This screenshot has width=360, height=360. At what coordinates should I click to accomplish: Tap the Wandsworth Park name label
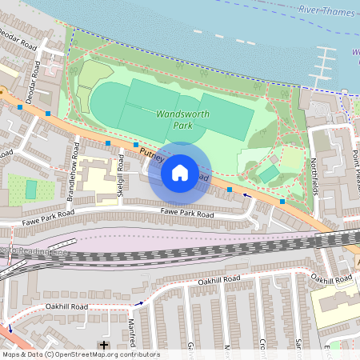tap(182, 119)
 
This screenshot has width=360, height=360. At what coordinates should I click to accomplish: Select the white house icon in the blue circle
tap(180, 172)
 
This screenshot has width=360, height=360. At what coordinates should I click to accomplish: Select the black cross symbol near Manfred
tap(103, 345)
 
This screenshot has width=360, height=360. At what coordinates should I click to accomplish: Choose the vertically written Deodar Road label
tap(36, 77)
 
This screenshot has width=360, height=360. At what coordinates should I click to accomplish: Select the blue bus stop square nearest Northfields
tap(282, 202)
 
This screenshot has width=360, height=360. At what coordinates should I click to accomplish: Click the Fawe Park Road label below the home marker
tap(187, 214)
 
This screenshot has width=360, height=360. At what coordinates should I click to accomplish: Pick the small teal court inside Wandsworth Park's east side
tap(270, 173)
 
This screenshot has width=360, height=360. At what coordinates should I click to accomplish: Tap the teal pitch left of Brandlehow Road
tap(31, 190)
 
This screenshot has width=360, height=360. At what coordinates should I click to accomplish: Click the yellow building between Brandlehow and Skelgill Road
tap(98, 182)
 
